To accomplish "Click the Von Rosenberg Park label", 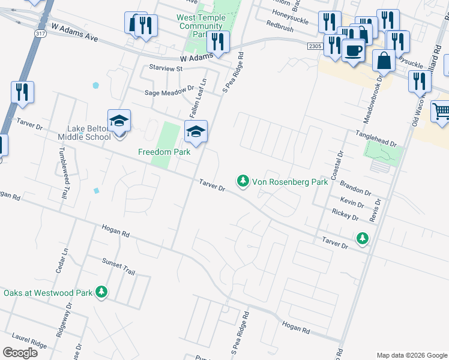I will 290,181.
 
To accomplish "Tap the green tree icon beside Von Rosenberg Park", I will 243,181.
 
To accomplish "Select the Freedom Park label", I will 164,152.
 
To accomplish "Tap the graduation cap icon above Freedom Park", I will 196,131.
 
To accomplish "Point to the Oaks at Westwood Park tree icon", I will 101,292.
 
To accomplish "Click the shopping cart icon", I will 441,110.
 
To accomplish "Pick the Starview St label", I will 165,69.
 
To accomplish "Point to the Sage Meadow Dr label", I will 169,92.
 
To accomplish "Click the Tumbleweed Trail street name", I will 62,173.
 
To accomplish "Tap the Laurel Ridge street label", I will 29,344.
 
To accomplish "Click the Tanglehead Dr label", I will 376,139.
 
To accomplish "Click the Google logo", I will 20,353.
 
